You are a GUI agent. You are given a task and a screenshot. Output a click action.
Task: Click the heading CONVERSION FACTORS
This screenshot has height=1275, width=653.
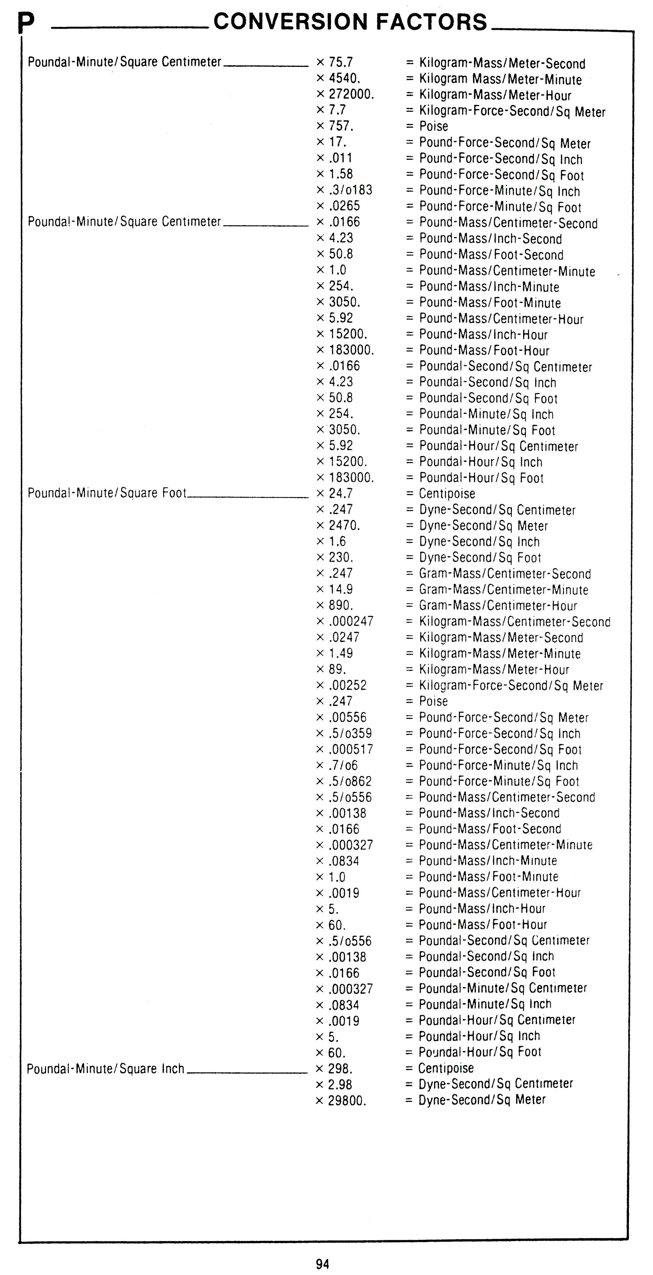tap(350, 22)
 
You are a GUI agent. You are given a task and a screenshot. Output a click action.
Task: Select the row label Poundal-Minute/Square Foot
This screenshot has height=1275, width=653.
tap(107, 493)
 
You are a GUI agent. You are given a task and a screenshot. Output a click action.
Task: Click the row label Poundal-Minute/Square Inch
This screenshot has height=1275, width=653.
tap(105, 1069)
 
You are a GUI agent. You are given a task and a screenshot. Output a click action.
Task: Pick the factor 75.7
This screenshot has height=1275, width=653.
tap(341, 62)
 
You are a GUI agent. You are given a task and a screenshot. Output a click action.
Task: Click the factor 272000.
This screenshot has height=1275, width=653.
tap(351, 94)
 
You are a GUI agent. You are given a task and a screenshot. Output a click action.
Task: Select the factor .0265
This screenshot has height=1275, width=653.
tap(344, 206)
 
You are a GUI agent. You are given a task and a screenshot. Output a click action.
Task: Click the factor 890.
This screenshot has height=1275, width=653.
tap(341, 605)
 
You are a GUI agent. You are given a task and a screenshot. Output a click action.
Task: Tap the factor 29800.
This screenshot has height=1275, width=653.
tap(347, 1101)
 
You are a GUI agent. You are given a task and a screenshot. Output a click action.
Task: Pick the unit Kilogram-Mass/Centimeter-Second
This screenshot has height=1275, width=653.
tap(515, 622)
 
